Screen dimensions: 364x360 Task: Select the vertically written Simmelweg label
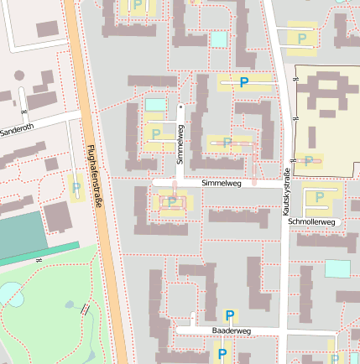click(180, 143)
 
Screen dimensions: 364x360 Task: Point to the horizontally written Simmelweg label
click(222, 182)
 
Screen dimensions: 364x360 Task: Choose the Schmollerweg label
click(311, 222)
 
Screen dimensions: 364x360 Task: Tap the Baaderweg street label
click(232, 331)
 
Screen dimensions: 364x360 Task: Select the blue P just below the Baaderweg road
click(222, 354)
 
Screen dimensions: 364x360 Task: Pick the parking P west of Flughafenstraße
click(76, 188)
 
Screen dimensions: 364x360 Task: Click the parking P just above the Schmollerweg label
click(319, 198)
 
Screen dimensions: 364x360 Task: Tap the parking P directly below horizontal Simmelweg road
click(172, 201)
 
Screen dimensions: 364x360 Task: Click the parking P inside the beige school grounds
click(309, 160)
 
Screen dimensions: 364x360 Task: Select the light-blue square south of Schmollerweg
click(337, 268)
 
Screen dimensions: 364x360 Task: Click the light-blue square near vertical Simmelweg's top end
click(156, 104)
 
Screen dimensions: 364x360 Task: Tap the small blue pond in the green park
click(12, 294)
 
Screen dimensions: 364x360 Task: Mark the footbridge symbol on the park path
click(86, 309)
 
